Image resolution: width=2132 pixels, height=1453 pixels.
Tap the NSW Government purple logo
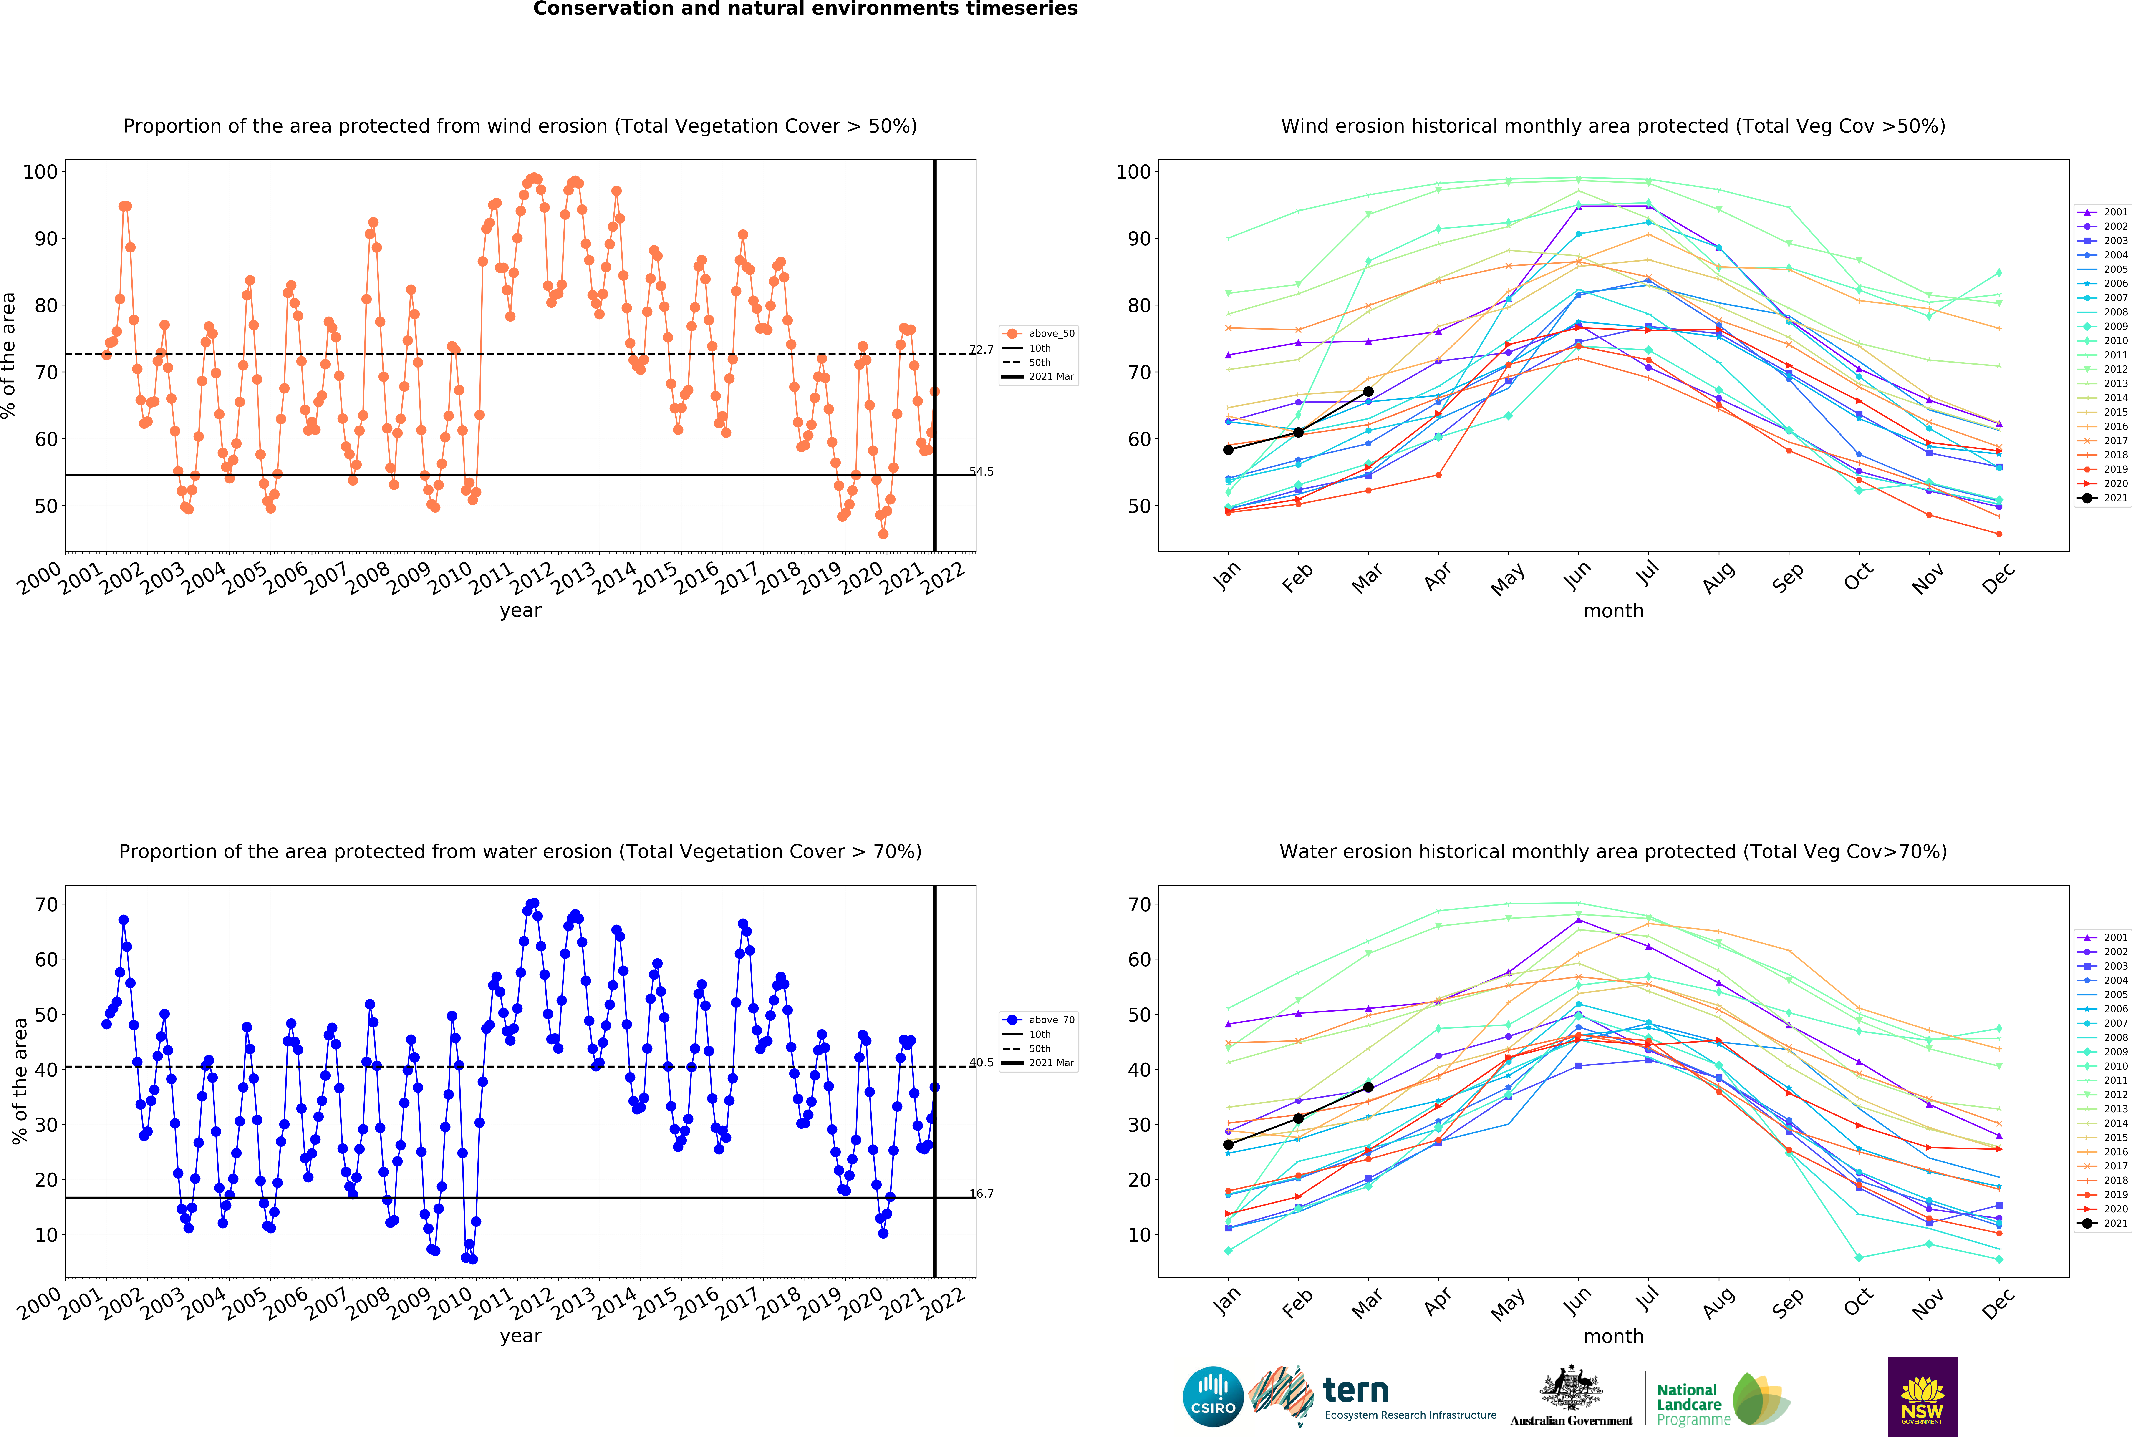tap(1922, 1396)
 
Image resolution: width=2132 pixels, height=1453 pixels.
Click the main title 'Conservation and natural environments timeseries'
tap(805, 9)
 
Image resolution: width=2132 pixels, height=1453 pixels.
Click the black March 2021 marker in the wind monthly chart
tap(1368, 392)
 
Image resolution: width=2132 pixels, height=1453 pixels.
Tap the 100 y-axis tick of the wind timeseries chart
tap(40, 171)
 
